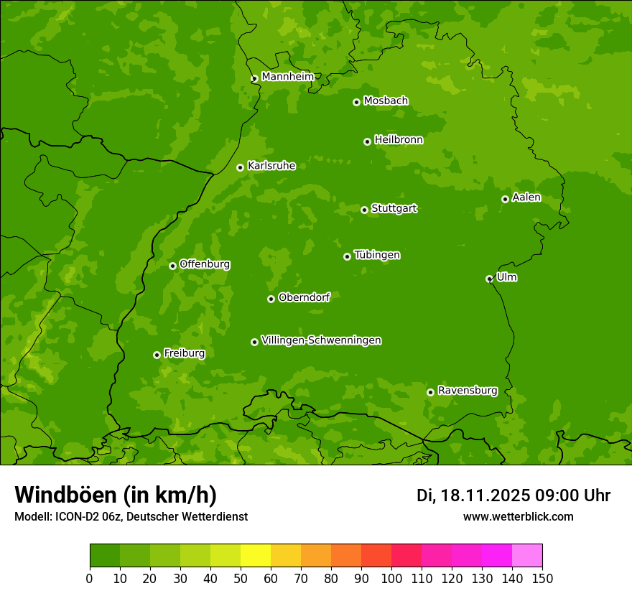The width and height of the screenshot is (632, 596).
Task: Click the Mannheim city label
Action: [x=287, y=76]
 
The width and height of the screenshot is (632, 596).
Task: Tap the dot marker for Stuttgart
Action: [x=364, y=210]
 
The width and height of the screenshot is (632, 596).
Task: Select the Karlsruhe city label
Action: [x=271, y=166]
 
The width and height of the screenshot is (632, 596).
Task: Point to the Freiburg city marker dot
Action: [x=157, y=355]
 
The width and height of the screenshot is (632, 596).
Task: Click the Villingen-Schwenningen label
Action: [x=321, y=340]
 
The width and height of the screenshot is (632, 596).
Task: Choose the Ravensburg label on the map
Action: [x=468, y=391]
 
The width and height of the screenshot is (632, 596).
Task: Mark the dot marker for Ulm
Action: [x=489, y=279]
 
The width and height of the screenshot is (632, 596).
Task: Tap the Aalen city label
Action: [x=526, y=197]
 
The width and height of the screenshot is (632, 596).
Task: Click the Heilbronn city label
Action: [x=399, y=140]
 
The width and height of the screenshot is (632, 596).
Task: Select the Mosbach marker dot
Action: [x=356, y=102]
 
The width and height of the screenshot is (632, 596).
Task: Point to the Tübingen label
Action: [x=377, y=255]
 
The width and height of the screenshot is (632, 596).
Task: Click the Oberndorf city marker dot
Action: [x=271, y=299]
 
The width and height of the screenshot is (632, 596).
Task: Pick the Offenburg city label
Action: [x=205, y=264]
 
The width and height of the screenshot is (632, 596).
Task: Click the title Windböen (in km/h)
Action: [x=116, y=495]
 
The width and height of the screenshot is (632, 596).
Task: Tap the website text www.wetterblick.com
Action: [x=519, y=516]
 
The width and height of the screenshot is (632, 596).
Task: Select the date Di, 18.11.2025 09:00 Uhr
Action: [x=513, y=495]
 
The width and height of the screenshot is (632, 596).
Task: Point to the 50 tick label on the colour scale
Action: [x=241, y=578]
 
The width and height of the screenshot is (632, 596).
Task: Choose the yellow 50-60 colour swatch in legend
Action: [x=256, y=555]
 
